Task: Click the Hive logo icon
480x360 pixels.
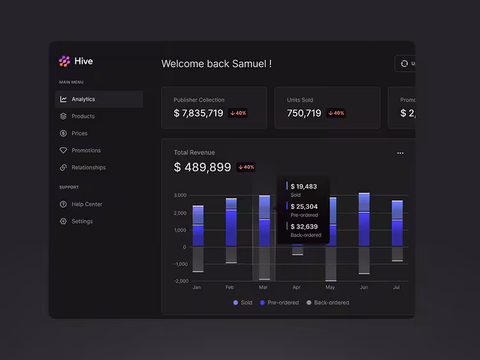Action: click(64, 61)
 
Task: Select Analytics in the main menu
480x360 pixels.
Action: click(83, 100)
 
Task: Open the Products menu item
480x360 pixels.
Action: click(83, 117)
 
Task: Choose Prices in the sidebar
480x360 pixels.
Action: click(79, 133)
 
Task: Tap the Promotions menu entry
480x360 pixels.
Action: click(86, 151)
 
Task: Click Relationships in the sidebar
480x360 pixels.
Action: click(89, 168)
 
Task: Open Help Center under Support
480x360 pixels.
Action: click(87, 204)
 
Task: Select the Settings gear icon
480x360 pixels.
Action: click(63, 221)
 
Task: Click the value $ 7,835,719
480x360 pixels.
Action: click(199, 113)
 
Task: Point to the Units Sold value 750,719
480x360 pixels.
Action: click(304, 113)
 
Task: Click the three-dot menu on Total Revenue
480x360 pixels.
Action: click(400, 153)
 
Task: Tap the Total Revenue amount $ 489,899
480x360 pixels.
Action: click(202, 167)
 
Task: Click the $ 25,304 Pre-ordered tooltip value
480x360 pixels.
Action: click(304, 206)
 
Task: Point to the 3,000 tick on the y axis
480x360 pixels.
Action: click(180, 195)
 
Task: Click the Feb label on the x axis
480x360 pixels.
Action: click(230, 288)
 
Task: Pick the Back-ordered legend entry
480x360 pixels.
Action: click(331, 303)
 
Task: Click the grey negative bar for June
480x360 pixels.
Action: click(364, 260)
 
